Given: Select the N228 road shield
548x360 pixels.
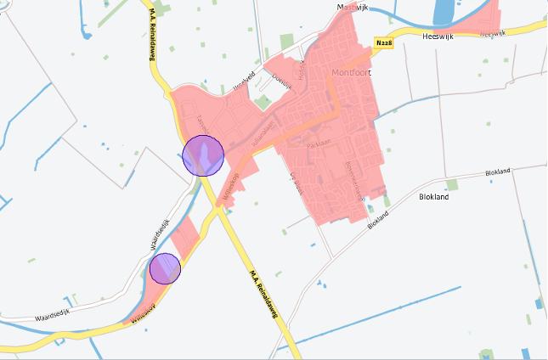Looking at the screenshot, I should click(x=383, y=42).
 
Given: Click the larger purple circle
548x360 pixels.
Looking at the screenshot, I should click(x=203, y=155).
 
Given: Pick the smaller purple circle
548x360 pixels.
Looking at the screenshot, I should click(x=165, y=268).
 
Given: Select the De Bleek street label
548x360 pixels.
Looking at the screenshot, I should click(x=297, y=183).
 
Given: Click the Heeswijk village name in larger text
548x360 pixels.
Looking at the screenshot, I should click(x=440, y=37).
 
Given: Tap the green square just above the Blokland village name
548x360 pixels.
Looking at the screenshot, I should click(x=452, y=184).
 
